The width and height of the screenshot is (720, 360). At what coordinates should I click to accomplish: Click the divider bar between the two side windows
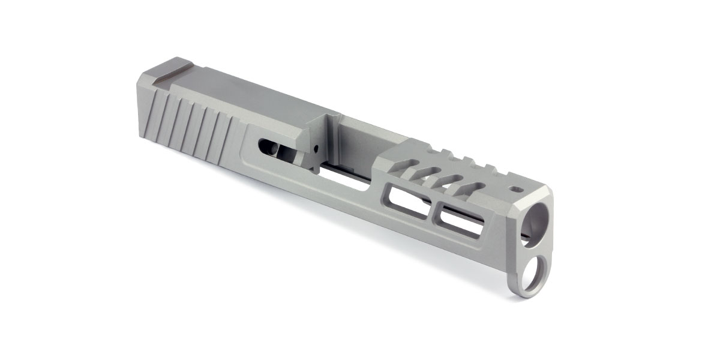tap(433, 209)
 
